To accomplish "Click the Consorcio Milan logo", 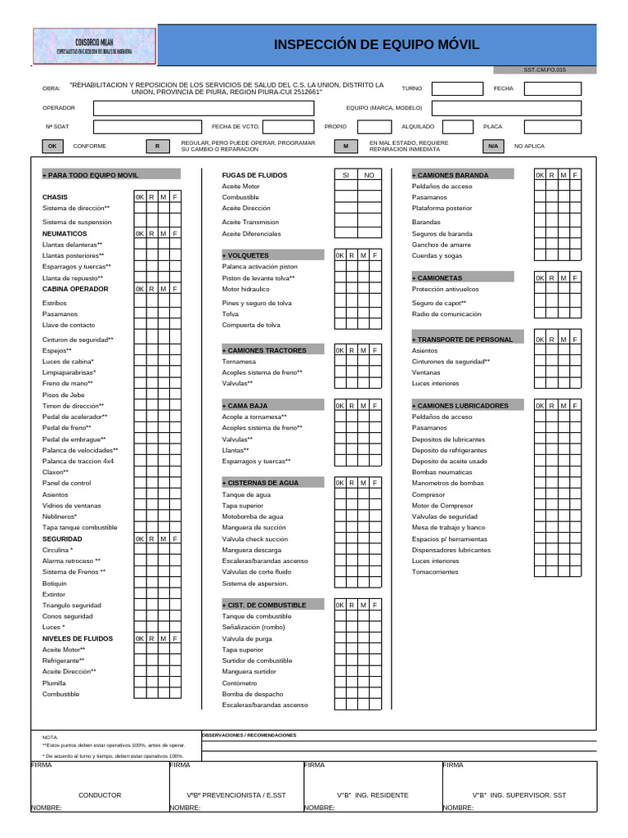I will click(x=93, y=46).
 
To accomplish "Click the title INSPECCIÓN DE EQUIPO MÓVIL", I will click(x=376, y=45).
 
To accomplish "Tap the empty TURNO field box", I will click(x=456, y=88).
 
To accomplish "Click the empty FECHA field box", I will click(x=552, y=88).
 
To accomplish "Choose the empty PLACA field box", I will click(x=552, y=127).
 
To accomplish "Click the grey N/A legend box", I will click(x=492, y=146).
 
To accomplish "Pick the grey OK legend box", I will click(x=52, y=146).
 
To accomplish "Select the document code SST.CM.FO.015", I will click(x=545, y=70).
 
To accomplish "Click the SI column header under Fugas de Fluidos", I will click(x=345, y=175).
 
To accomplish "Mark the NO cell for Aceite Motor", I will click(x=369, y=187).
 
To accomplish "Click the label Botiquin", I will click(x=55, y=583).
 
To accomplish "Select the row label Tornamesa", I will click(x=239, y=361).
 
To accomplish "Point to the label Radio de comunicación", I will click(x=446, y=314).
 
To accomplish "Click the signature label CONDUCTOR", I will click(x=100, y=795).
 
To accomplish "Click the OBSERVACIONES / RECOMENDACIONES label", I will click(x=249, y=735).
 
